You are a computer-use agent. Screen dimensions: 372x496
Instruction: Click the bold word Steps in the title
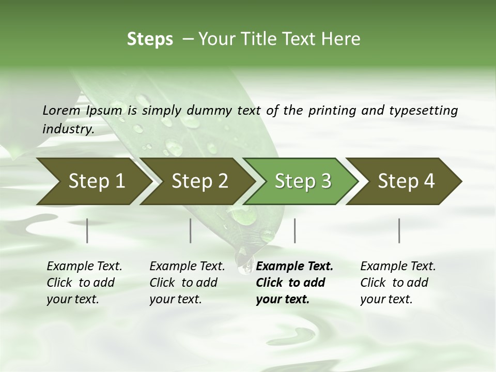150,39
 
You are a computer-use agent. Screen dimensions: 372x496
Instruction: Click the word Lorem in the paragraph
61,110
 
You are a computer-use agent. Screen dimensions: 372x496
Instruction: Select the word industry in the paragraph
68,129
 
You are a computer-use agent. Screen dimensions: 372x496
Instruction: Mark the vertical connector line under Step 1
87,230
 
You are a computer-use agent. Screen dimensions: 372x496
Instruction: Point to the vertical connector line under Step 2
191,230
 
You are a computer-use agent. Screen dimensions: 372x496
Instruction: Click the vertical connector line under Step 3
295,230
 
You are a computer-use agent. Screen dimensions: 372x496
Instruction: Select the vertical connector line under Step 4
399,230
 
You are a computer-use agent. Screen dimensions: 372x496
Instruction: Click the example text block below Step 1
84,283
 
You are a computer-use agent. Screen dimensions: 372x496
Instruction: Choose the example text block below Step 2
187,283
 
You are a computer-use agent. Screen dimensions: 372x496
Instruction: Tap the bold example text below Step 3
295,283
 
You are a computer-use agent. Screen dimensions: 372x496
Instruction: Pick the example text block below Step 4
398,283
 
